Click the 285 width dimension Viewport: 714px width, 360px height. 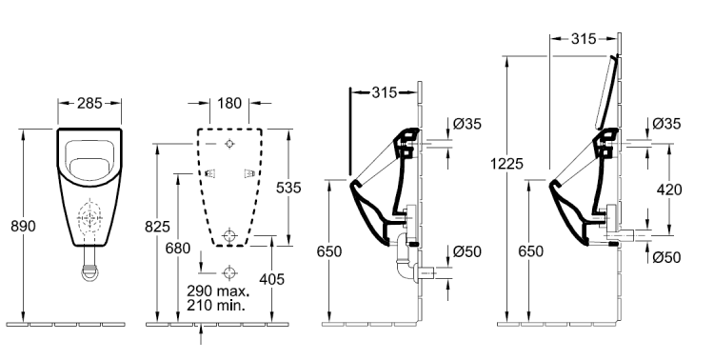click(89, 104)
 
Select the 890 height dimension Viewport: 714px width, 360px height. click(23, 226)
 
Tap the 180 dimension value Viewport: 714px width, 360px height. click(229, 104)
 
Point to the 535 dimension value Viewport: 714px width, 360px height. click(288, 188)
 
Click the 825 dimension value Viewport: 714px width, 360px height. click(157, 226)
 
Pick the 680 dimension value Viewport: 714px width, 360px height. click(178, 249)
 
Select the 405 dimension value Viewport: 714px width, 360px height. click(271, 279)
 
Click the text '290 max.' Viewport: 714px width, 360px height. click(218, 290)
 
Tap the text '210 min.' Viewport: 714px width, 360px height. click(216, 305)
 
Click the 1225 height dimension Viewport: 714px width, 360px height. click(506, 163)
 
